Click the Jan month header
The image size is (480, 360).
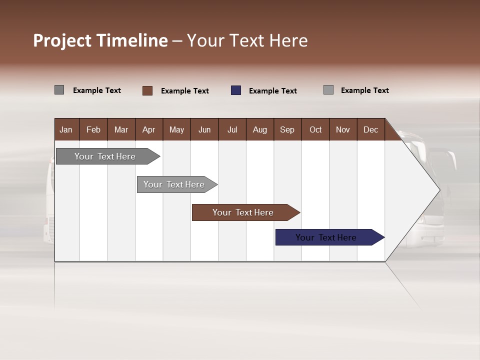click(x=66, y=129)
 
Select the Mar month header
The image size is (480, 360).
click(x=121, y=129)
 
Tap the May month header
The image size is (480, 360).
click(x=176, y=129)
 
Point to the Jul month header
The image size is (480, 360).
click(x=232, y=129)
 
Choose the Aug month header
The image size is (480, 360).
click(x=259, y=129)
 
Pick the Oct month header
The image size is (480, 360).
click(x=315, y=129)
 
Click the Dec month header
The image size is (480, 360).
click(x=370, y=129)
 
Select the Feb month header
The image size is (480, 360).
click(x=93, y=129)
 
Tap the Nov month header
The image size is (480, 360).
click(x=342, y=129)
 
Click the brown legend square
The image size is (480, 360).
click(x=147, y=90)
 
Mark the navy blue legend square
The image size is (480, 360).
click(x=236, y=90)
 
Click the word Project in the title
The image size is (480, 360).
click(x=62, y=40)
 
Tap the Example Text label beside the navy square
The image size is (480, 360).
click(x=272, y=91)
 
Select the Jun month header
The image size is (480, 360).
click(x=204, y=129)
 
